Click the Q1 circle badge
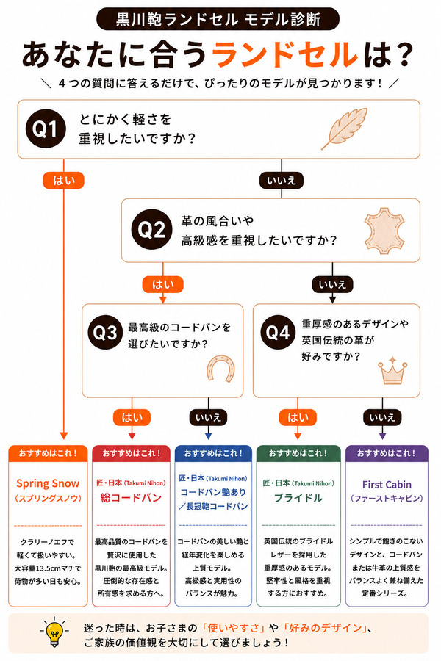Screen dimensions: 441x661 tap(46, 129)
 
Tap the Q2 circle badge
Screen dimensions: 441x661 tap(152, 230)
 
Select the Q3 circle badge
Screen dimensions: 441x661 tap(105, 333)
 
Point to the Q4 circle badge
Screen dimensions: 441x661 tap(278, 333)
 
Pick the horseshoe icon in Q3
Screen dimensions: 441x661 tap(220, 369)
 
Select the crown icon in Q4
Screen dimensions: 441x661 tap(392, 371)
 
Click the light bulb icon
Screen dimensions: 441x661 tap(54, 632)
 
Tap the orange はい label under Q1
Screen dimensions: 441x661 tap(64, 181)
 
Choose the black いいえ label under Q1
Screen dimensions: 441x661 tap(282, 181)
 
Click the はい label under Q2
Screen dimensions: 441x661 tap(163, 284)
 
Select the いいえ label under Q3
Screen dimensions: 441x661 tap(208, 417)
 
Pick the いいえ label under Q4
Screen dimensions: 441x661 tap(382, 417)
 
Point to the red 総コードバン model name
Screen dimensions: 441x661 tap(131, 498)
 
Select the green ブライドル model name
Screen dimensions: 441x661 tap(298, 498)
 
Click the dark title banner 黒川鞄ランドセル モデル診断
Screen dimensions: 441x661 tap(218, 19)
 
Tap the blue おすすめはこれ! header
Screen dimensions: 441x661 tap(213, 454)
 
